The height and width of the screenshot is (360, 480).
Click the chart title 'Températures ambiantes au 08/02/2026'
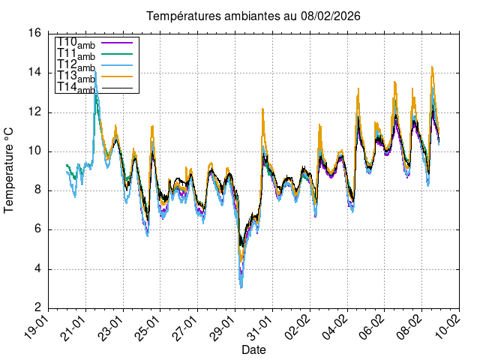[248, 16]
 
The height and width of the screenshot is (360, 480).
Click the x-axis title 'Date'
[253, 350]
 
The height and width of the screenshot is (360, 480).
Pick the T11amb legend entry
[76, 55]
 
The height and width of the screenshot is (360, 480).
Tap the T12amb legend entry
[76, 66]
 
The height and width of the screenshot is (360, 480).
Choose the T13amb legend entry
[76, 77]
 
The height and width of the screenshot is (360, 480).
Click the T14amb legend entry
[76, 88]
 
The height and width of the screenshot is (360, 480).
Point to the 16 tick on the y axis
[34, 34]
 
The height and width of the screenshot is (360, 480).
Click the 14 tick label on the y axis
[34, 73]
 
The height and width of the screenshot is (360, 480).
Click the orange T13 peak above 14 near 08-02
[432, 67]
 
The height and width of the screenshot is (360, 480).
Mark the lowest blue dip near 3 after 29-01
[241, 287]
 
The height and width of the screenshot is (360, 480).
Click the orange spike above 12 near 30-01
[262, 109]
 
